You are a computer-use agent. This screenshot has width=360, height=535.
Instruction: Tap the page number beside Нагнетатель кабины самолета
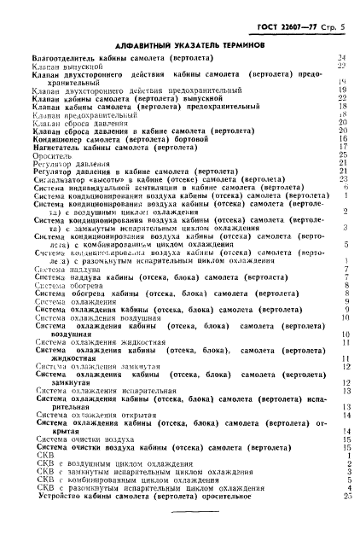[x=341, y=147]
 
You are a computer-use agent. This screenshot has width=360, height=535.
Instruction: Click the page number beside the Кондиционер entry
[x=341, y=138]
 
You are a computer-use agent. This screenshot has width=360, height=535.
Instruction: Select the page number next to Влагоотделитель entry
[x=341, y=57]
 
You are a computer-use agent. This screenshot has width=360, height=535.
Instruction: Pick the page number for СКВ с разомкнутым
[x=341, y=487]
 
